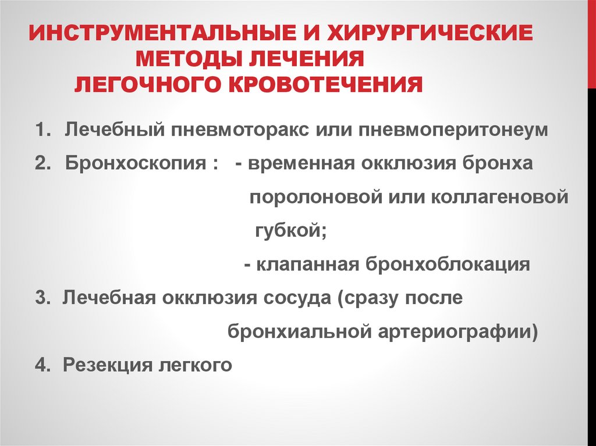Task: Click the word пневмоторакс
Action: [x=239, y=130]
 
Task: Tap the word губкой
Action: [x=289, y=230]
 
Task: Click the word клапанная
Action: [x=308, y=265]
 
